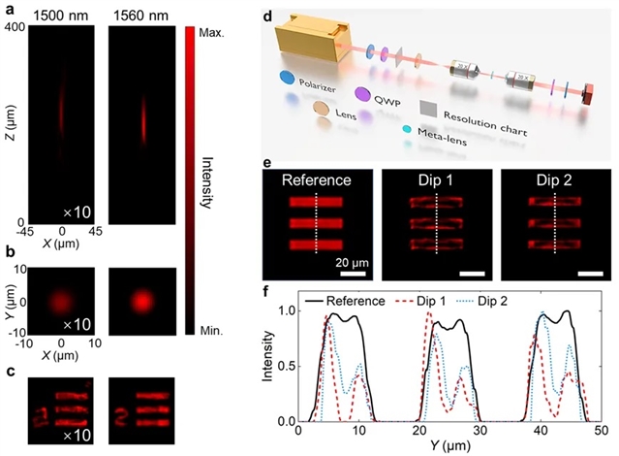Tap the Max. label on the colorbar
pos(210,33)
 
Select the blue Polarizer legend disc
pos(287,77)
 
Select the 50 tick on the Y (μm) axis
pos(603,431)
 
